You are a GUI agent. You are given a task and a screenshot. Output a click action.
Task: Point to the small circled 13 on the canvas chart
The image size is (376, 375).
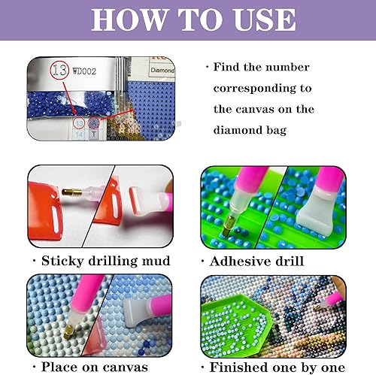point(79,122)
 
